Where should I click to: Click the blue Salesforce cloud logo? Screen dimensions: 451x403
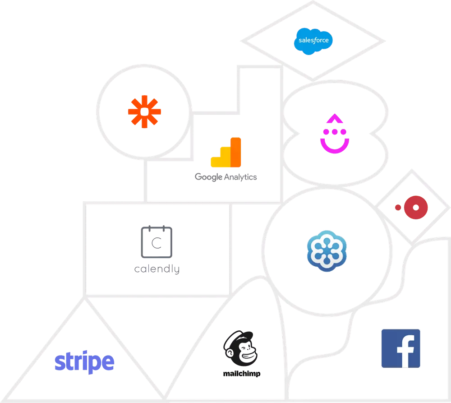pos(313,41)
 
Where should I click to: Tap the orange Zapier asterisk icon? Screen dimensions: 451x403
pos(144,111)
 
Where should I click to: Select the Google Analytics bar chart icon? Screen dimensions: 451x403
pos(226,152)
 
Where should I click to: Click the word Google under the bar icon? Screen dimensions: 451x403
pos(208,177)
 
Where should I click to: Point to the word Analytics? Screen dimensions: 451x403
pos(240,177)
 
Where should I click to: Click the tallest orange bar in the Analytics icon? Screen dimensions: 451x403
pos(236,152)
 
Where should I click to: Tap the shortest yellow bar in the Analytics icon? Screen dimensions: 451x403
pos(216,162)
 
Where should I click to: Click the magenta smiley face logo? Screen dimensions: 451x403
pos(335,134)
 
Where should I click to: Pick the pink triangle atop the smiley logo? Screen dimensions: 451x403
pos(335,118)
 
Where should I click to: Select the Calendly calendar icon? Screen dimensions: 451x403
pos(156,242)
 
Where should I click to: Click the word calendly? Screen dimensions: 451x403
pos(157,269)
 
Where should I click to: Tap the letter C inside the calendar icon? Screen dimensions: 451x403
pos(156,243)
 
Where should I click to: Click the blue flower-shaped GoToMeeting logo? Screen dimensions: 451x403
pos(327,251)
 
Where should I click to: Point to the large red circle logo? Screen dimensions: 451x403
pos(416,208)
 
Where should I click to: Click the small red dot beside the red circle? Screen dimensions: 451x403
pos(398,208)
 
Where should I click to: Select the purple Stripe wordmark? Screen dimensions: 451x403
pos(85,362)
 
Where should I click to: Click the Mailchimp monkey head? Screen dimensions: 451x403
pos(240,348)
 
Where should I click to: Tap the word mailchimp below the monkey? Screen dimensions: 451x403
pos(242,374)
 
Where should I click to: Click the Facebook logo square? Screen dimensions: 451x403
pos(401,348)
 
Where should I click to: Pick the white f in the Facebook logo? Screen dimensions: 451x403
pos(406,352)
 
